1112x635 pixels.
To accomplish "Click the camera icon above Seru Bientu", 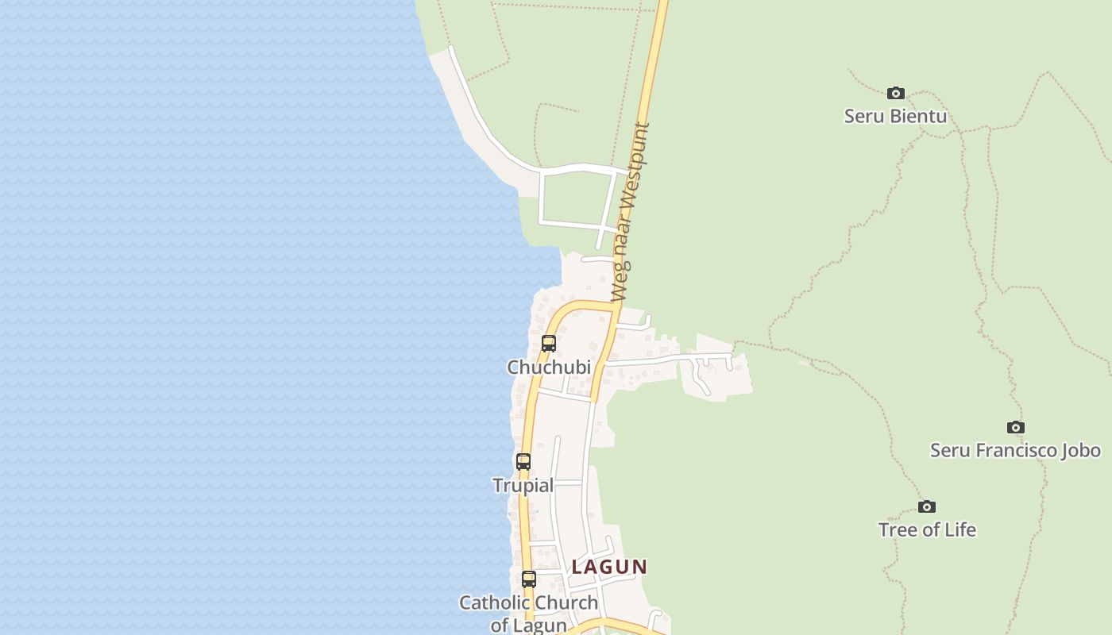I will coord(896,94).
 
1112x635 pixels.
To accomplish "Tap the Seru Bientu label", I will coord(895,116).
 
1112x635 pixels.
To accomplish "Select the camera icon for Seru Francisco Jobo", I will coord(1015,428).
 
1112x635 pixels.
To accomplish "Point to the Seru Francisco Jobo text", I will coord(1015,450).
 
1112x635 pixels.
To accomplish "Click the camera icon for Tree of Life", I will coord(926,507).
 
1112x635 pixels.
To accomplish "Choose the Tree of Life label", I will coord(927,529).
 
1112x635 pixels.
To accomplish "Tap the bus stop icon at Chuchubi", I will coord(549,344).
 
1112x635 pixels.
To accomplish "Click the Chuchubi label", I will coord(549,367).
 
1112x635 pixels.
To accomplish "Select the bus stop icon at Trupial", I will coord(523,462).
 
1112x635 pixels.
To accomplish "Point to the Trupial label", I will coord(523,485).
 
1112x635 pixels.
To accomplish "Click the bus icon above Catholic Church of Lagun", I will coord(529,579).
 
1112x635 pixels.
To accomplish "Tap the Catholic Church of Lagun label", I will coord(529,613).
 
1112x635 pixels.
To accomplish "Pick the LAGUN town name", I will coord(609,567).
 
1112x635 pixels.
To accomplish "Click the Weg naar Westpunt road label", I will coord(631,212).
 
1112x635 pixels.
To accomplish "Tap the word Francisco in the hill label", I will coord(1016,450).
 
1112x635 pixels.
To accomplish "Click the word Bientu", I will coord(918,116).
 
